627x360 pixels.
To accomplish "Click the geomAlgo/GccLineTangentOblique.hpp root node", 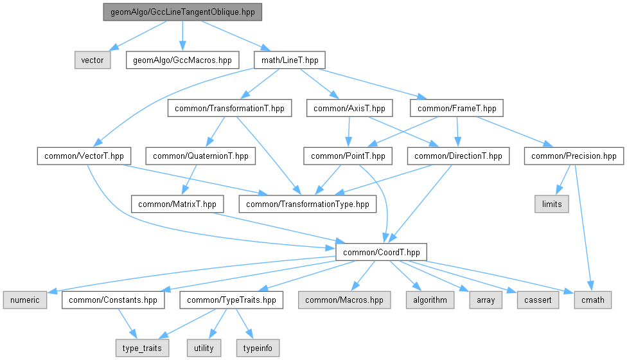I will (182, 12).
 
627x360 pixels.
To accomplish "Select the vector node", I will (93, 60).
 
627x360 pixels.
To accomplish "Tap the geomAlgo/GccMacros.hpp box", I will (182, 60).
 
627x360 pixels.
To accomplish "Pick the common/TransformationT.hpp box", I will (230, 109).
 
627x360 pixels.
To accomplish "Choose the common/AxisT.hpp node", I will (349, 109).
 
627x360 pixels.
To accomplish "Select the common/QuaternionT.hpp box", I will (200, 156).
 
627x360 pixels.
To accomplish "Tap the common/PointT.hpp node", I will (348, 156).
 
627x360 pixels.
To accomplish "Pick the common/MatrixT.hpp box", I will (177, 204).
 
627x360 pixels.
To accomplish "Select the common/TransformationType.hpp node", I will (307, 204).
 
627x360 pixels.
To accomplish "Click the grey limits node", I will (552, 204).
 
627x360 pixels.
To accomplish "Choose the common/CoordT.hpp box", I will (382, 251).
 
